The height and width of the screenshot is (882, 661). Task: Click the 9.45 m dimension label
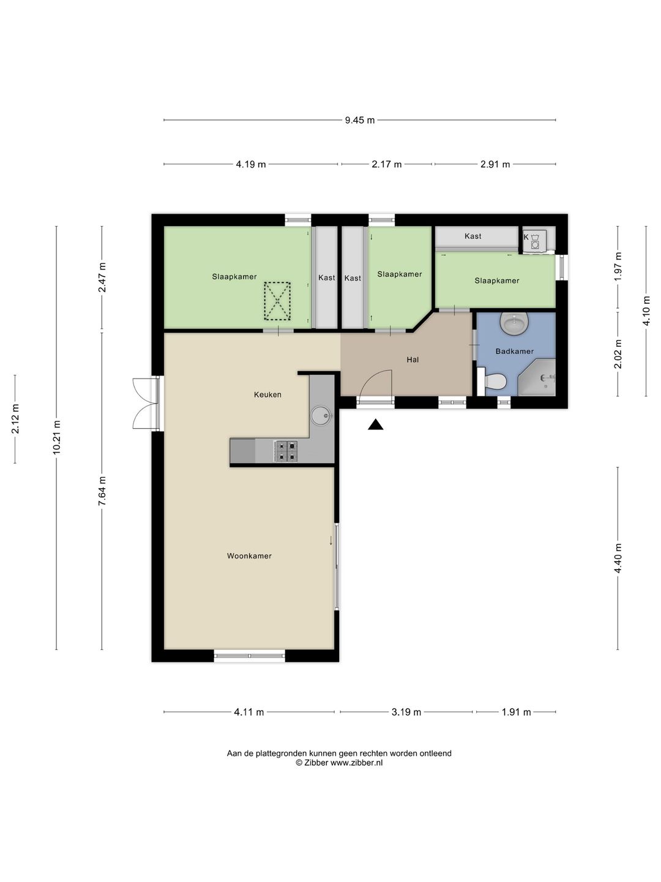(360, 120)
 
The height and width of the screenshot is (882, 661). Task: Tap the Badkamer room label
(514, 351)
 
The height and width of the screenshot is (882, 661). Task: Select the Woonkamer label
(249, 556)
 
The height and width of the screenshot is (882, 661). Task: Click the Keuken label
(267, 394)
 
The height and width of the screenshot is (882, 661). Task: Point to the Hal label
(413, 360)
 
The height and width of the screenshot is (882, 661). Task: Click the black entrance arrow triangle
(375, 424)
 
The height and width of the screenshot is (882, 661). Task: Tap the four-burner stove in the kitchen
(286, 451)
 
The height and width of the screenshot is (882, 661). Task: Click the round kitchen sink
(322, 415)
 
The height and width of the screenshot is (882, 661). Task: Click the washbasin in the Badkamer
(515, 323)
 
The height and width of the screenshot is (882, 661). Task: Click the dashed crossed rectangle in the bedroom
(277, 301)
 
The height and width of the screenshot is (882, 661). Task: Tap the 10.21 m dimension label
(56, 437)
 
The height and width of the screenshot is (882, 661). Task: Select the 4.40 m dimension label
(618, 558)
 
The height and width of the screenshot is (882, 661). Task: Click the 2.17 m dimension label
(386, 164)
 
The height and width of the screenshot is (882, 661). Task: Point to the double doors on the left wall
(145, 403)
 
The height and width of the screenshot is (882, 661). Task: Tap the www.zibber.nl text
(356, 763)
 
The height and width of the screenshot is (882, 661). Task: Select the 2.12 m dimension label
(15, 419)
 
